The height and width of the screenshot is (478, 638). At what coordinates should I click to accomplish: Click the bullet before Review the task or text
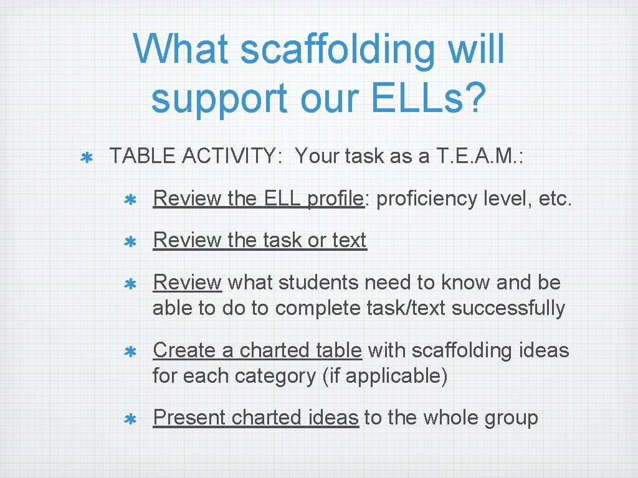[131, 242]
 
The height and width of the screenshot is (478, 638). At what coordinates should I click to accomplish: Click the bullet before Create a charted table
[131, 352]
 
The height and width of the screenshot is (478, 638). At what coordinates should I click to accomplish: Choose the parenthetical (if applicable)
[384, 376]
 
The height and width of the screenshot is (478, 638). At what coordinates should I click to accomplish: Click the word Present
[189, 417]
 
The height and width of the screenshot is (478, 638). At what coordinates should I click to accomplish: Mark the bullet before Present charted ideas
[131, 419]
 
